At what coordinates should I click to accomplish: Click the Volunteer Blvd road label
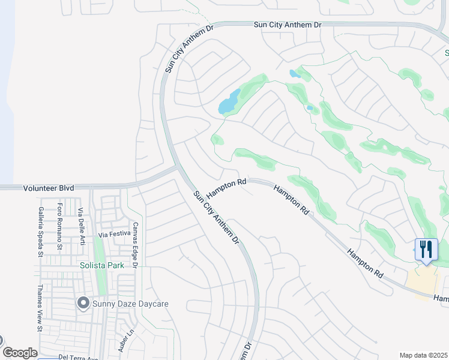(x=49, y=188)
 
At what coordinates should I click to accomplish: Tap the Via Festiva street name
(x=114, y=235)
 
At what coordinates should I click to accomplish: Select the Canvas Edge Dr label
(x=136, y=245)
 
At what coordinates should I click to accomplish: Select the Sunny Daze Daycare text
(x=130, y=304)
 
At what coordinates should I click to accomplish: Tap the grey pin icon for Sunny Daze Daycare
(x=83, y=304)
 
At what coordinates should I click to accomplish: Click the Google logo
(x=19, y=353)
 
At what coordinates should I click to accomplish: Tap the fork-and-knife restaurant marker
(x=426, y=249)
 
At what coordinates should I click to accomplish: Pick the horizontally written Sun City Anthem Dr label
(x=288, y=25)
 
